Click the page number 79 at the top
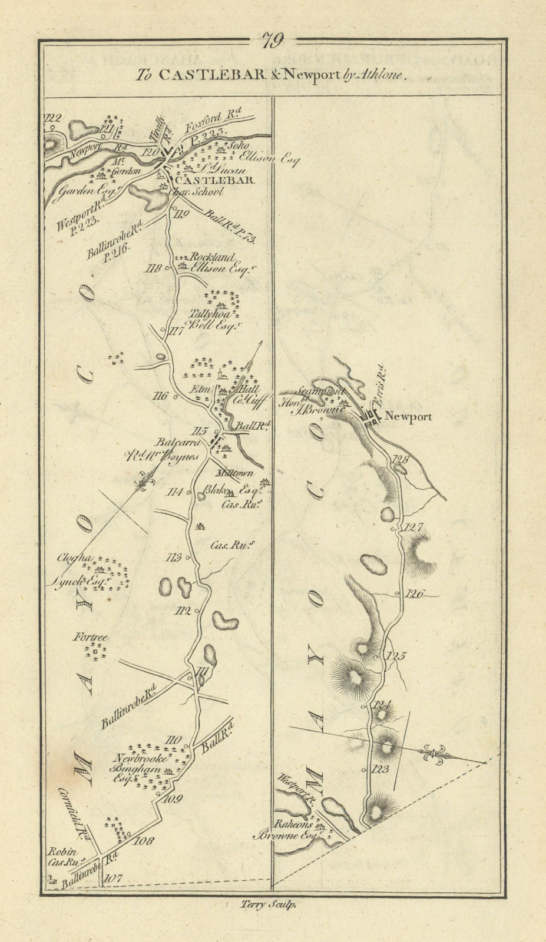[273, 41]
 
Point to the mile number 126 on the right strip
[415, 594]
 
